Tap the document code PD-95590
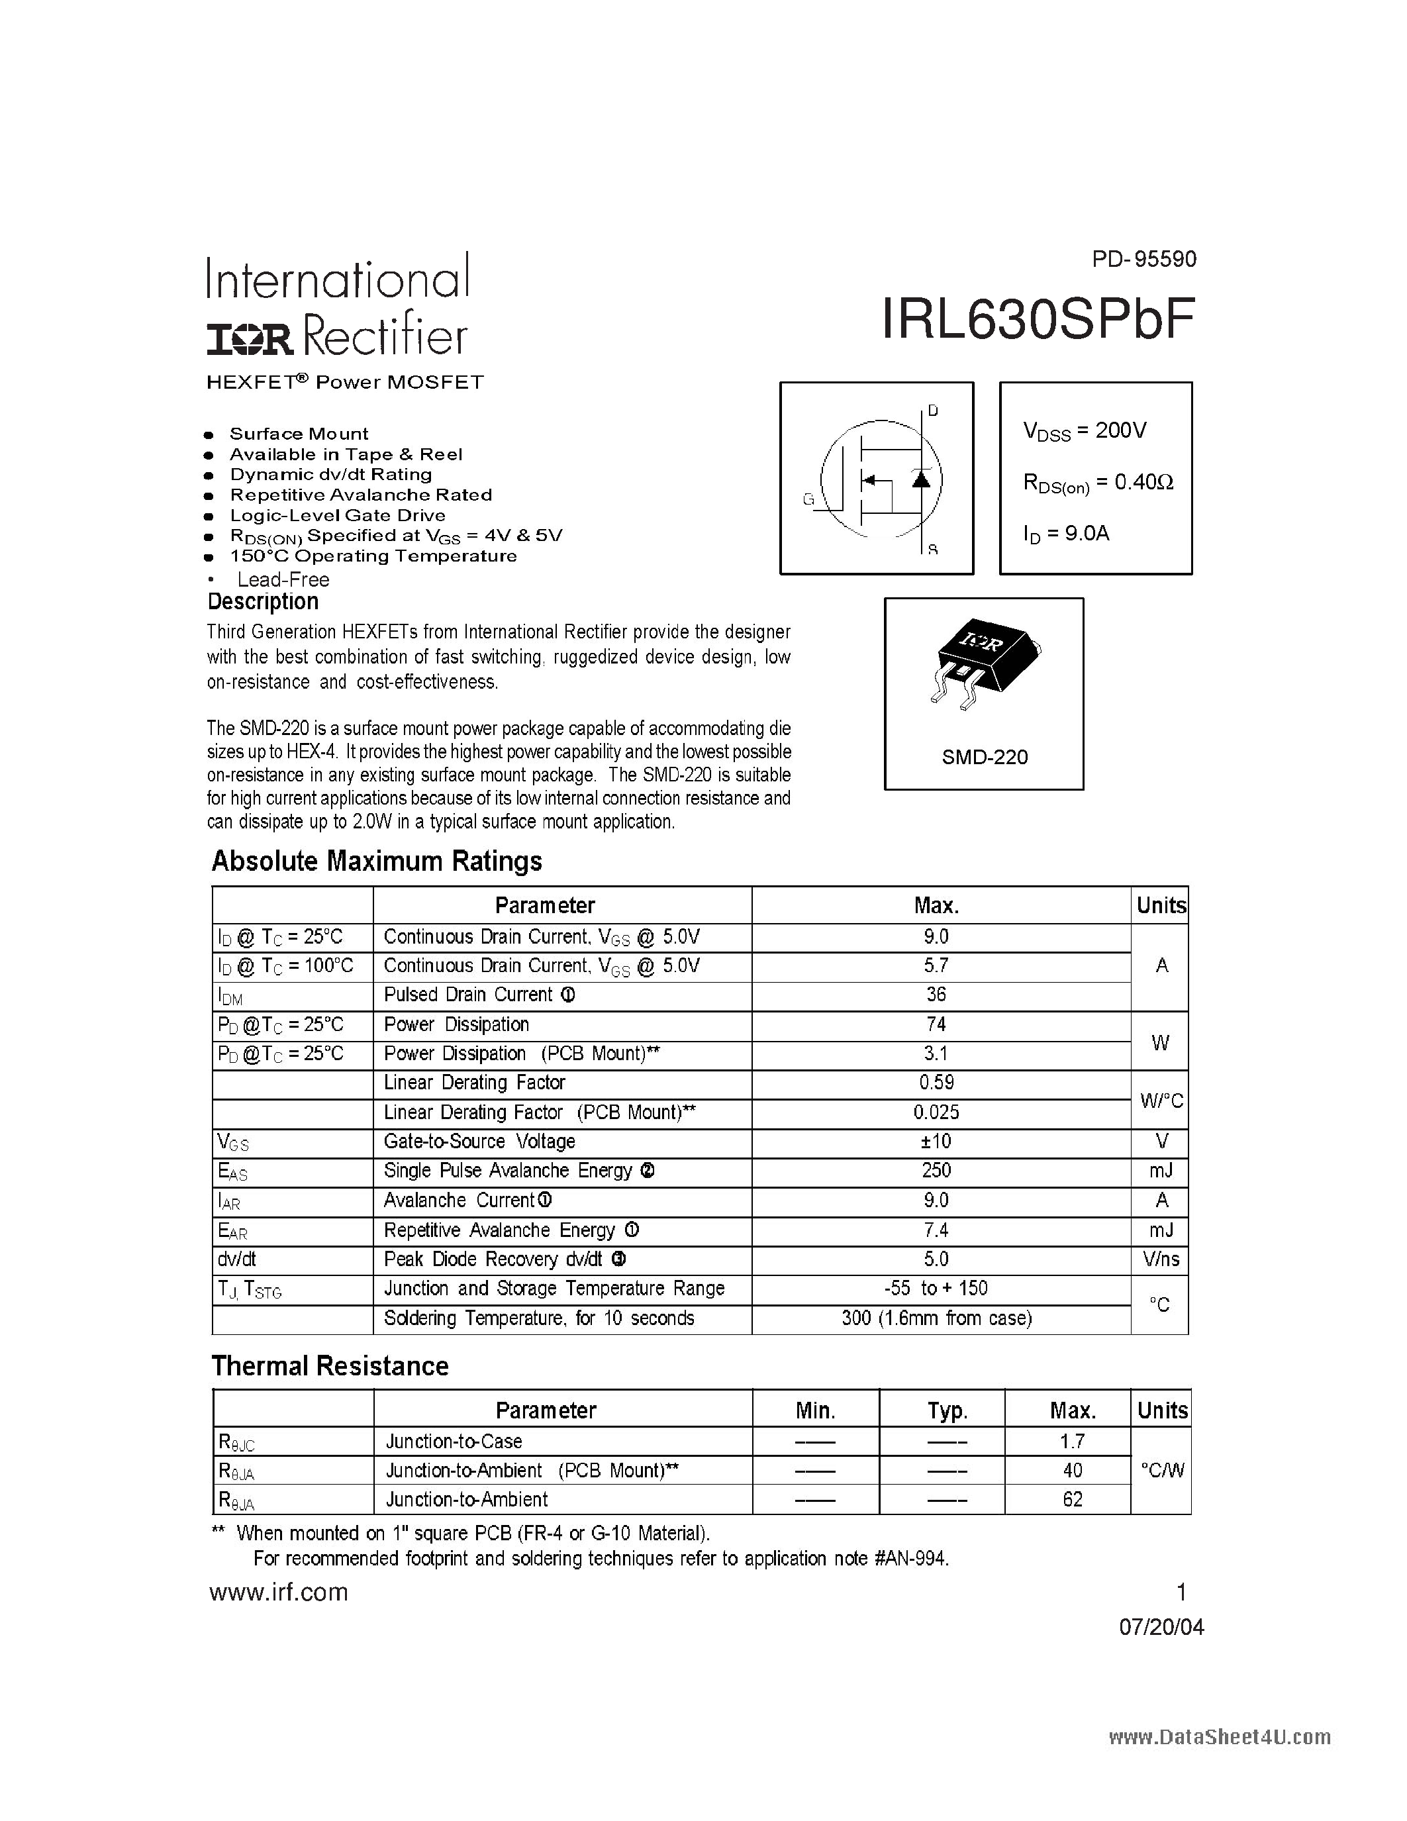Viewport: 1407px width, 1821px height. pyautogui.click(x=1143, y=260)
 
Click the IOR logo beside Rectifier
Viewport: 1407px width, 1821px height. pyautogui.click(x=250, y=338)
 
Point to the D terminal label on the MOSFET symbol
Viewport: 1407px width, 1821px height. pyautogui.click(x=933, y=411)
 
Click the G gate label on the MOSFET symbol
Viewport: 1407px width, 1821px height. pyautogui.click(x=808, y=499)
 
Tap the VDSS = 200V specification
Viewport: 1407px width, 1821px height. pyautogui.click(x=1085, y=431)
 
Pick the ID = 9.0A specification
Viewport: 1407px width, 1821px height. pyautogui.click(x=1066, y=534)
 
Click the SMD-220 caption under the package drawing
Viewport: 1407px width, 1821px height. pyautogui.click(x=985, y=757)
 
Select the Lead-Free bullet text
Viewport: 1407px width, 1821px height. pyautogui.click(x=283, y=579)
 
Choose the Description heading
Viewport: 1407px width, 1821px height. pyautogui.click(x=263, y=602)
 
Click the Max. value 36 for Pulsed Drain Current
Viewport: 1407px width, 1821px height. pyautogui.click(x=936, y=995)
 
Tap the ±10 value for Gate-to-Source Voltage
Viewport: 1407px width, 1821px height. pyautogui.click(x=936, y=1142)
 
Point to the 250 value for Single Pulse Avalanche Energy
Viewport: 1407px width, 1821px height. pyautogui.click(x=936, y=1171)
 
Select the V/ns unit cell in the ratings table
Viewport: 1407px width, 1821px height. pyautogui.click(x=1160, y=1259)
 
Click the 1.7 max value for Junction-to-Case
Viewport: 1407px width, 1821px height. pyautogui.click(x=1073, y=1441)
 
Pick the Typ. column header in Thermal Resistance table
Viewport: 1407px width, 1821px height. pyautogui.click(x=947, y=1410)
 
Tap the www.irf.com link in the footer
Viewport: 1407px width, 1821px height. pyautogui.click(x=278, y=1592)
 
